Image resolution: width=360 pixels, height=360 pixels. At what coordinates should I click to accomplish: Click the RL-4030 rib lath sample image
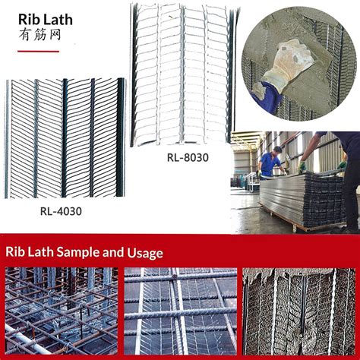(64, 137)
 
